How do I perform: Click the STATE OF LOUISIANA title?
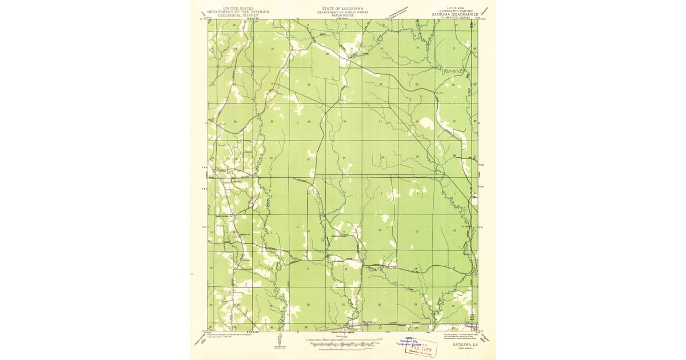(342, 8)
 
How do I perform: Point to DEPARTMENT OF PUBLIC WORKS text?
(342, 11)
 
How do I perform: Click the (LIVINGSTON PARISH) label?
(456, 11)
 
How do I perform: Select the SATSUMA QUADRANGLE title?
(456, 15)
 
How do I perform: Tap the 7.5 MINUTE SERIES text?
(456, 18)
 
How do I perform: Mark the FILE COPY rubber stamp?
(422, 347)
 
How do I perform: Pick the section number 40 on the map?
(453, 85)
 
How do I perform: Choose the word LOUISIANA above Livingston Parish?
(456, 8)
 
